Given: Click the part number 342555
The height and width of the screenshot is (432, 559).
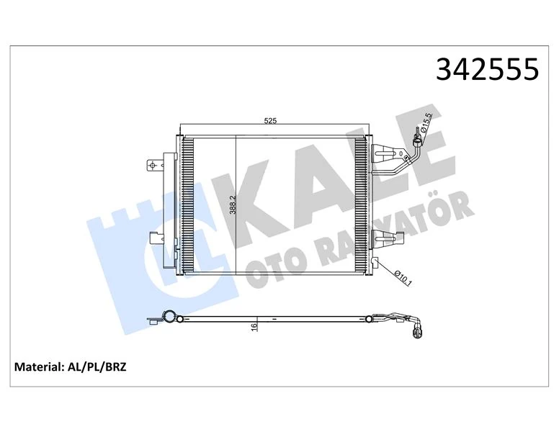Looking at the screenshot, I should click(x=488, y=70).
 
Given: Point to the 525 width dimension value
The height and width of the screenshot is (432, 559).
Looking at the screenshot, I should click(x=271, y=122).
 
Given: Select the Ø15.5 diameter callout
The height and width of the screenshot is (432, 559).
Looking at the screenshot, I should click(x=427, y=123).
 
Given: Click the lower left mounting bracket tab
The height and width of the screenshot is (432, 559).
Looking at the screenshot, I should click(x=156, y=238).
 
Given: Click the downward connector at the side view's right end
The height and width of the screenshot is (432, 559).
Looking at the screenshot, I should click(x=416, y=332).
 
